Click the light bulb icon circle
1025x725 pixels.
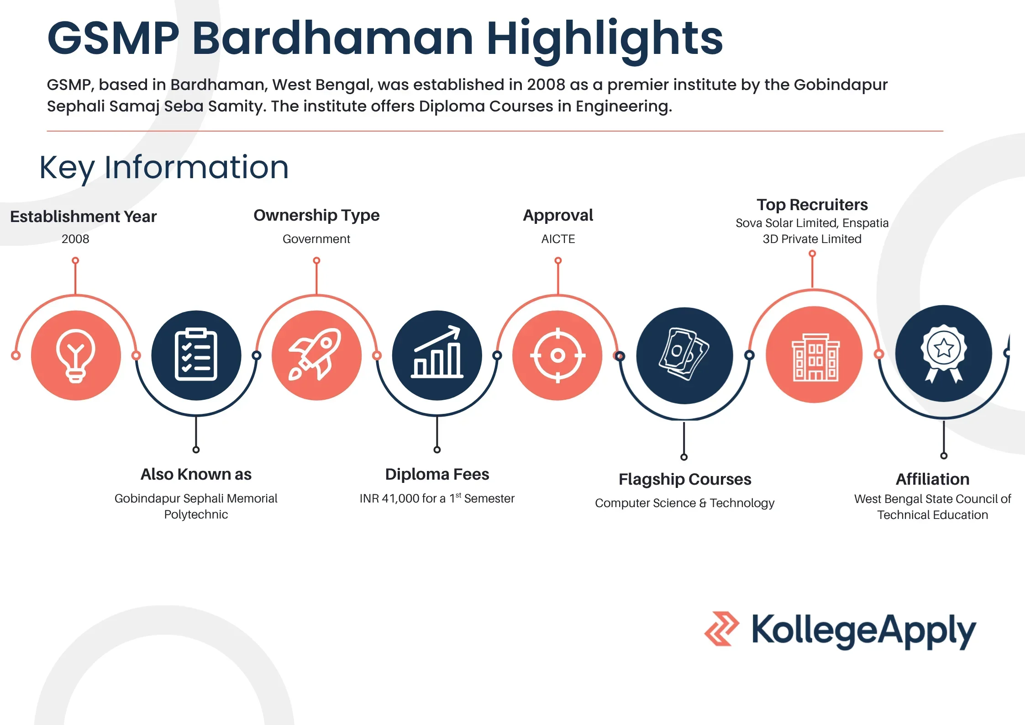click(x=76, y=355)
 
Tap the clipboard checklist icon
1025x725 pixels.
click(x=196, y=355)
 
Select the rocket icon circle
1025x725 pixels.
click(x=316, y=355)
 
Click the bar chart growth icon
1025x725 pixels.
click(x=437, y=355)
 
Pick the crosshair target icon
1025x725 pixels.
click(x=557, y=355)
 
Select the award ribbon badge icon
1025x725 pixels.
click(x=943, y=354)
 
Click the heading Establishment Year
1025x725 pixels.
click(x=84, y=217)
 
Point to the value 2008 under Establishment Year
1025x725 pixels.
click(x=75, y=239)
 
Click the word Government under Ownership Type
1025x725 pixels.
click(x=316, y=239)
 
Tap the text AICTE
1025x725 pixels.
click(x=558, y=239)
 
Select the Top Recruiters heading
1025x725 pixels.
click(x=812, y=205)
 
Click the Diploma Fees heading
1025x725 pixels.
click(x=437, y=474)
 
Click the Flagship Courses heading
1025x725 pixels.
click(x=684, y=479)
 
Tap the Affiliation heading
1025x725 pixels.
click(x=932, y=479)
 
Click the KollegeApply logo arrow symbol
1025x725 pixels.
click(x=721, y=629)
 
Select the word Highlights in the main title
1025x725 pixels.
click(x=604, y=39)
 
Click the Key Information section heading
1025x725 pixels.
click(x=164, y=167)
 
